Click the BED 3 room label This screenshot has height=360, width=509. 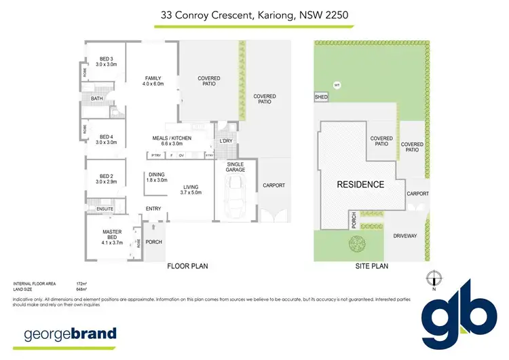tap(107, 62)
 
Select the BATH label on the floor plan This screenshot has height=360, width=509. tap(97, 99)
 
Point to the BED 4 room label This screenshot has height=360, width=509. tap(107, 139)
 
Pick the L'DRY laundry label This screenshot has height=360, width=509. tap(225, 141)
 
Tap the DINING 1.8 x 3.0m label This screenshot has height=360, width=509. tap(157, 177)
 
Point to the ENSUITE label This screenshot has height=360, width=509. tap(104, 209)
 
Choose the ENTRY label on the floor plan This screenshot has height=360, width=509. tap(153, 209)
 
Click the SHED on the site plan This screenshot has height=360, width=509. tap(321, 98)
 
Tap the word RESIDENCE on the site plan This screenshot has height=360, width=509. tap(360, 184)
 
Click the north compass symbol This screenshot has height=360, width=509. tap(434, 277)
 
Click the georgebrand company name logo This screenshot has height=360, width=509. tap(70, 334)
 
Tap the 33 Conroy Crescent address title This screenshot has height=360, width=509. tap(254, 14)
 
